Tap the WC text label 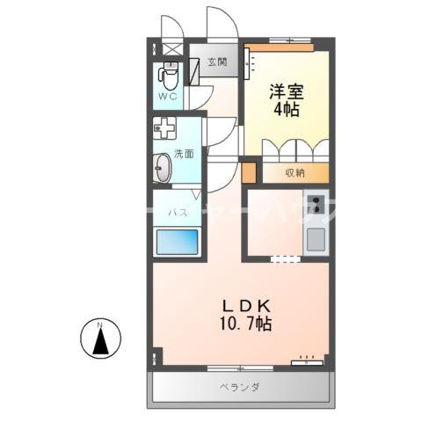(x=168, y=96)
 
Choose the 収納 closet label (x=295, y=172)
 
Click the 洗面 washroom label (x=184, y=152)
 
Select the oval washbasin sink (x=163, y=166)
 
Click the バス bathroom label (x=176, y=211)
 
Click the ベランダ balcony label (x=238, y=387)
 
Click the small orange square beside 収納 (x=249, y=171)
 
